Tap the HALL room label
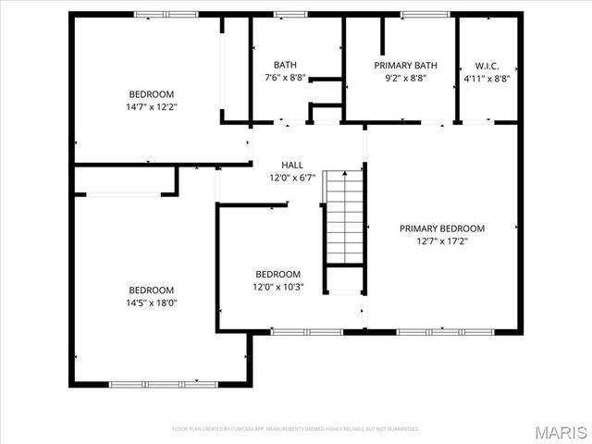[x=279, y=165]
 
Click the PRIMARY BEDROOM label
[x=441, y=228]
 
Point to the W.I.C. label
[x=487, y=66]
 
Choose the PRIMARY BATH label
[x=405, y=66]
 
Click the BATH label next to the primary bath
[x=285, y=65]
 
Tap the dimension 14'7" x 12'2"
[x=152, y=106]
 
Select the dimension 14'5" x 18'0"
[x=152, y=302]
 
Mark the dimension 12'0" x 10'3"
[x=278, y=287]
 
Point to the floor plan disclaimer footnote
[x=296, y=429]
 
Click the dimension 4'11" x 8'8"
[x=487, y=79]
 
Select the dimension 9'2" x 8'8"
[x=405, y=79]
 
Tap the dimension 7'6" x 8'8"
[x=285, y=78]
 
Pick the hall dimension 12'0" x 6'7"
[x=279, y=178]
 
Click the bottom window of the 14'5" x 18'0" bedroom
[x=153, y=384]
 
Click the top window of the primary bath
[x=425, y=14]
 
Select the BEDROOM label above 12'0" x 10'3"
[x=278, y=274]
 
